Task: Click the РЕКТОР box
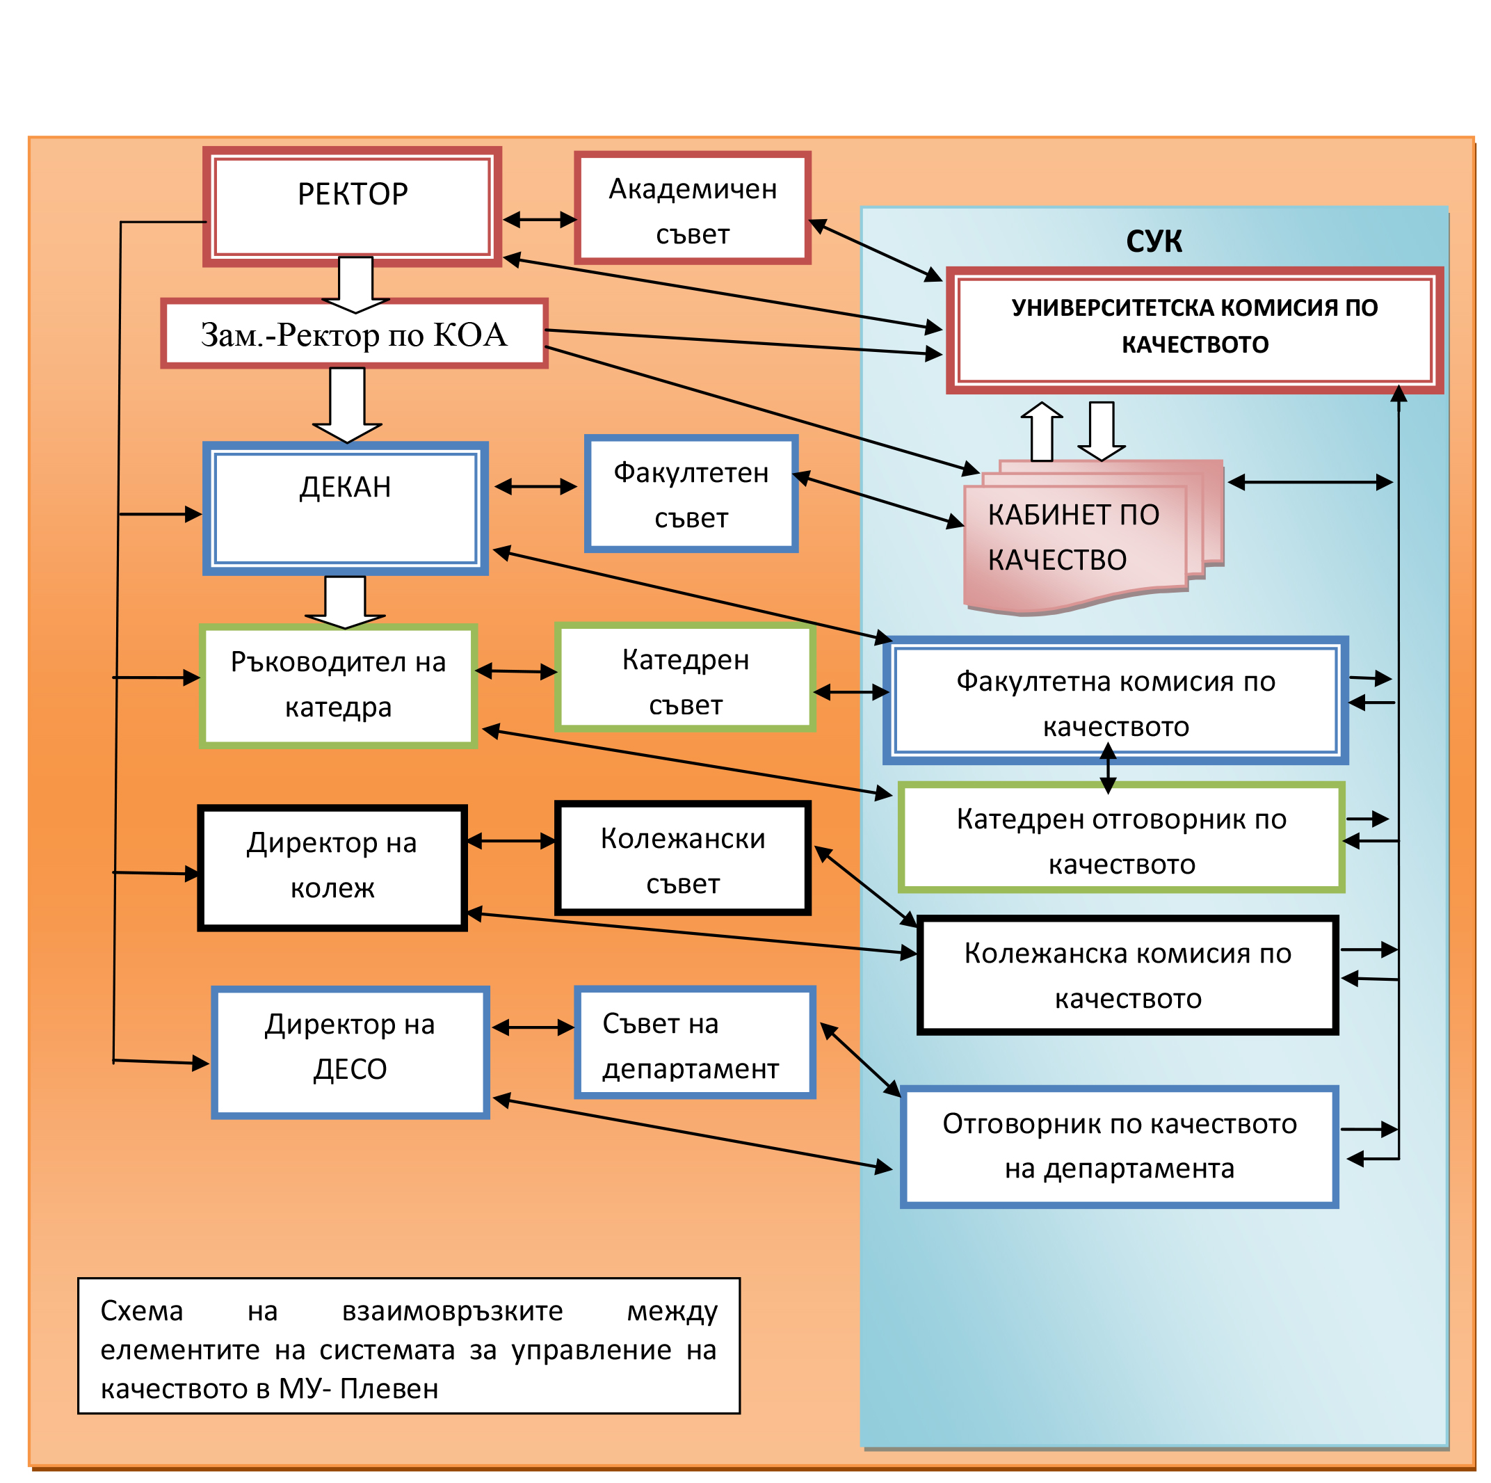coord(352,206)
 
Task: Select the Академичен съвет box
coord(692,208)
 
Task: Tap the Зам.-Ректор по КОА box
coord(354,333)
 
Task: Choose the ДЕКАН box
coord(345,508)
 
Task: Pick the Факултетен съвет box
coord(691,493)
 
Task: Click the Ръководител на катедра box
coord(338,684)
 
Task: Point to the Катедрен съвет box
coord(684,677)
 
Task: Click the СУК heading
coord(1153,241)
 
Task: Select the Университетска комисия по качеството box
coord(1194,330)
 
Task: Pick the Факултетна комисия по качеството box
coord(1115,700)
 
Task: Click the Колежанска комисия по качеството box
coord(1127,975)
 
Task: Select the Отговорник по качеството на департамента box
coord(1119,1146)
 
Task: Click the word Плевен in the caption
coord(389,1388)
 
